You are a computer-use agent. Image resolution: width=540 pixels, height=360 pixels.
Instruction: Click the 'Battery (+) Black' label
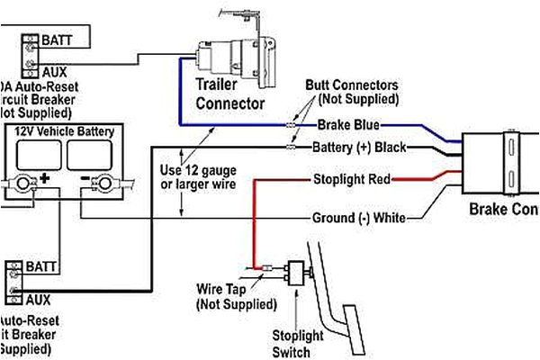[x=359, y=147]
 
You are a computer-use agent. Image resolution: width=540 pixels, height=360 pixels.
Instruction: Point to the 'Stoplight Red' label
[x=351, y=180]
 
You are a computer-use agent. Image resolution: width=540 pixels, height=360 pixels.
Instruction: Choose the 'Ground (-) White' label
[x=357, y=217]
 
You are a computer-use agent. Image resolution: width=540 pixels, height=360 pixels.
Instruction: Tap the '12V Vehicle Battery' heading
[x=64, y=131]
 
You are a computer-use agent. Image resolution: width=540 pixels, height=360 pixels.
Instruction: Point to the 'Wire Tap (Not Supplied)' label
[x=229, y=298]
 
